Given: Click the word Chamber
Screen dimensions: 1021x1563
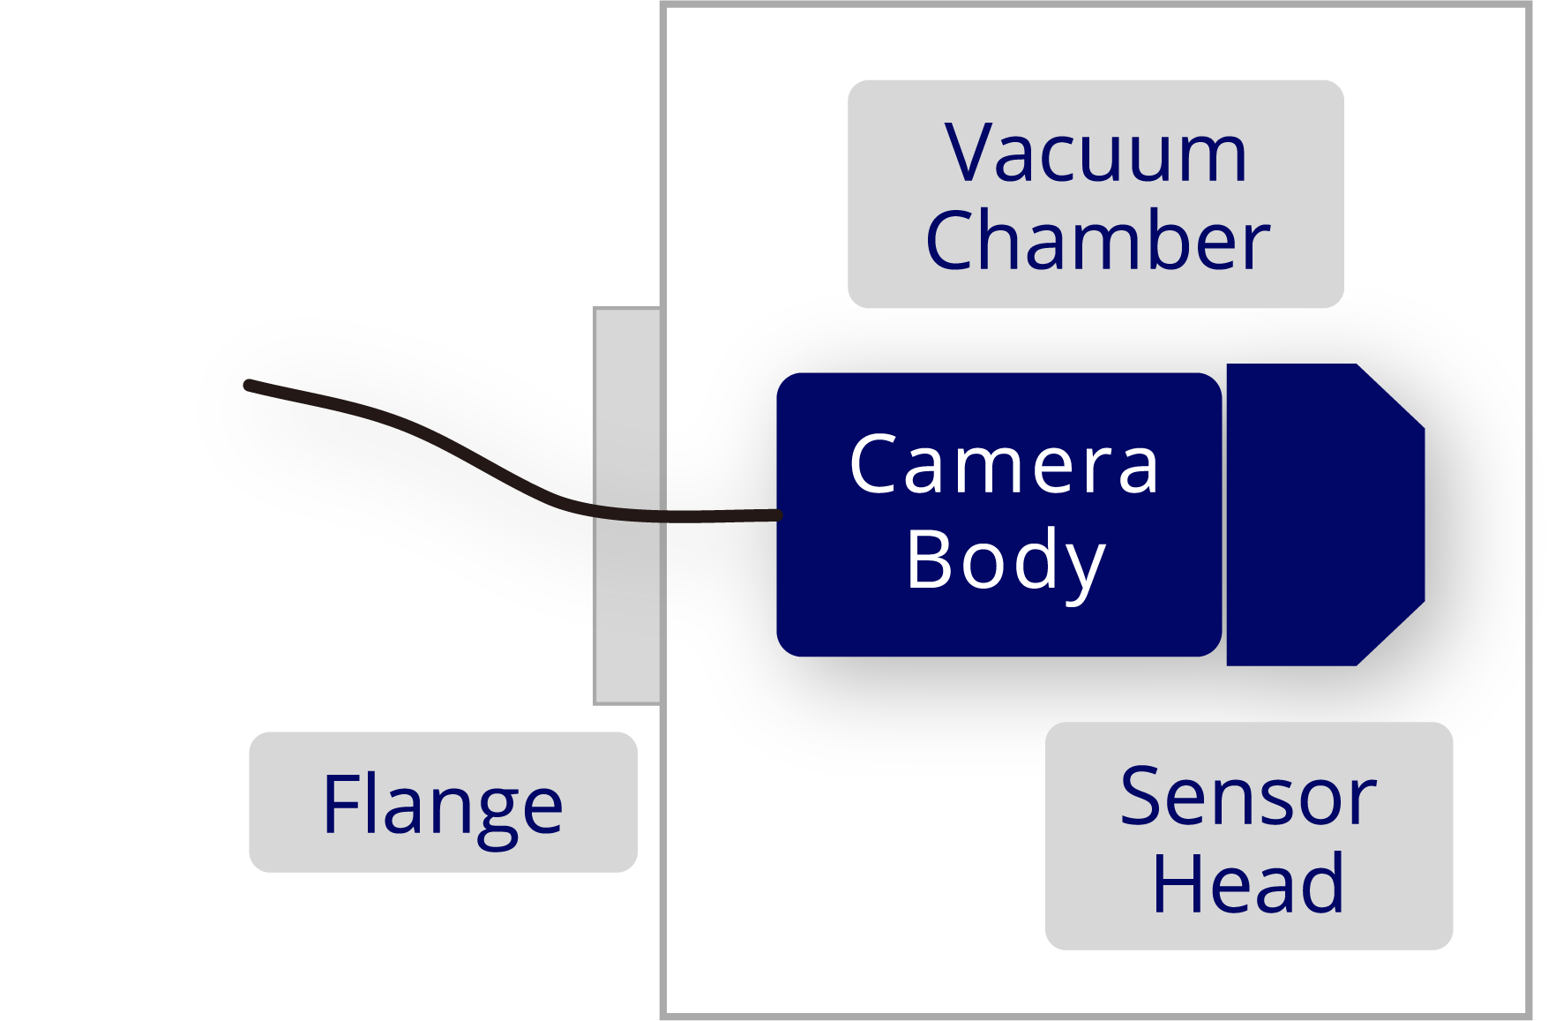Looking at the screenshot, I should [1097, 240].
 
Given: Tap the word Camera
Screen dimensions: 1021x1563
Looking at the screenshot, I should [1003, 465].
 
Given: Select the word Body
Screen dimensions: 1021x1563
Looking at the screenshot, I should [1005, 560].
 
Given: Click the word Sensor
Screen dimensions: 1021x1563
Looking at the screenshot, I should [1247, 797].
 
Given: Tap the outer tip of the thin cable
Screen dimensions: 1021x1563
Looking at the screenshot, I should [249, 385].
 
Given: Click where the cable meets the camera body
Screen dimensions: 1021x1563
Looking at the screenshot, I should [778, 515].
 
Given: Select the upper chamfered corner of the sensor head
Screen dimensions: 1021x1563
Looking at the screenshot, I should [1391, 395].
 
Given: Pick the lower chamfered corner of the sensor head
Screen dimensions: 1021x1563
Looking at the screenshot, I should [1391, 634].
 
